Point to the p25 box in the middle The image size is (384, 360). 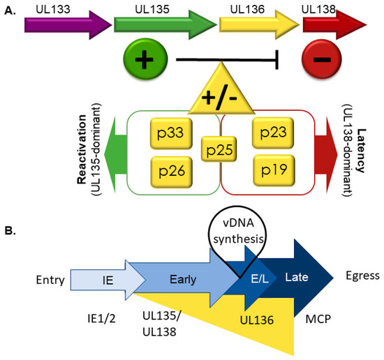(220, 150)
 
